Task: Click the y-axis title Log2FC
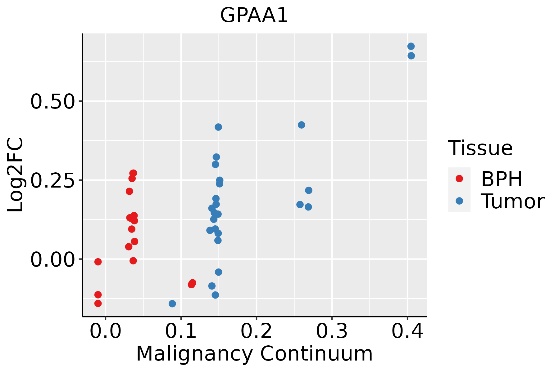[x=15, y=175]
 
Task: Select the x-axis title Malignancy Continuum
[x=254, y=354]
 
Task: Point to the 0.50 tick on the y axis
[x=52, y=101]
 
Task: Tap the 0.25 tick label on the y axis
[x=52, y=180]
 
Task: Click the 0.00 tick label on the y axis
[x=52, y=259]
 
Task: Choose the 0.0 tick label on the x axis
[x=106, y=331]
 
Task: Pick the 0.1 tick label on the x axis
[x=181, y=331]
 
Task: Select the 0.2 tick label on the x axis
[x=257, y=331]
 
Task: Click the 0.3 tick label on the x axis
[x=332, y=331]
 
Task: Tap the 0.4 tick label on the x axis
[x=407, y=331]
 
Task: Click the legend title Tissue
[x=480, y=148]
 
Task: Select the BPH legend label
[x=502, y=179]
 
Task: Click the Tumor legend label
[x=512, y=201]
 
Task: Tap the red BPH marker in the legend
[x=459, y=179]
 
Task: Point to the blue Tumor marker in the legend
[x=459, y=201]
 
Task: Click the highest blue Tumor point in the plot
[x=411, y=46]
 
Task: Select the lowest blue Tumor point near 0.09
[x=172, y=303]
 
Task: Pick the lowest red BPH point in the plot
[x=98, y=303]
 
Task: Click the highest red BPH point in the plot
[x=133, y=173]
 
